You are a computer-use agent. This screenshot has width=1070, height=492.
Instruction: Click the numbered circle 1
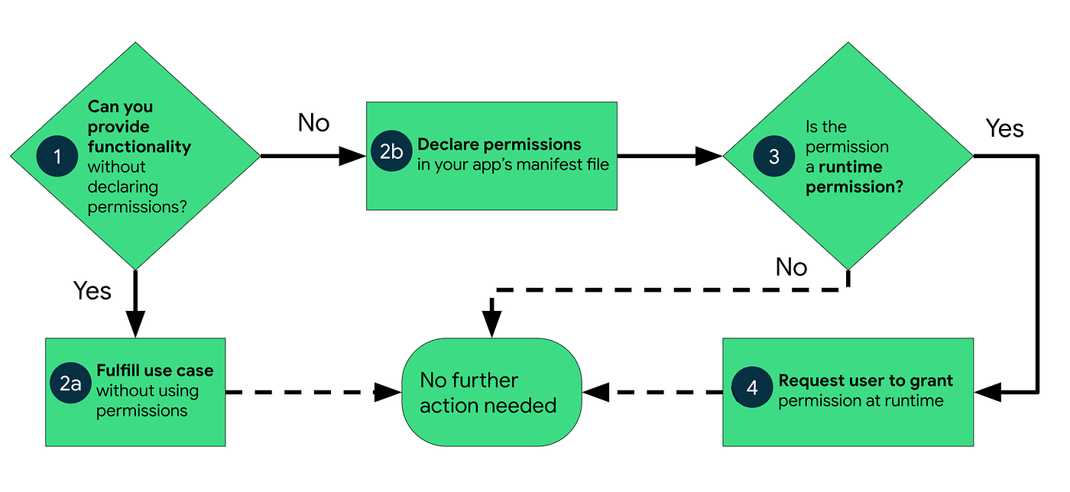(57, 156)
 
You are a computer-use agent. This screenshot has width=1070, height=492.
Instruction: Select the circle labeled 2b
(391, 151)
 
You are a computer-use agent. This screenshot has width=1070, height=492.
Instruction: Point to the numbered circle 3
(773, 156)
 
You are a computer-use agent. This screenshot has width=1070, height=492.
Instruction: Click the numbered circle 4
(752, 387)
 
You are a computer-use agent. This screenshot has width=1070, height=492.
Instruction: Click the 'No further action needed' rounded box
(491, 392)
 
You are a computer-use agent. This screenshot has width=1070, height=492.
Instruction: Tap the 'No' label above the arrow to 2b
(313, 122)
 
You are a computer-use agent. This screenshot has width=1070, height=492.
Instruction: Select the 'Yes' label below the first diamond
(92, 291)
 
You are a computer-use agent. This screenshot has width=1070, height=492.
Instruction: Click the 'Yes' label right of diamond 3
(1004, 128)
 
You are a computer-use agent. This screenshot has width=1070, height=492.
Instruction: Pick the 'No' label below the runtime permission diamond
(791, 267)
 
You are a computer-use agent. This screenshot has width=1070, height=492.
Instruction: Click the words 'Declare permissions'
(499, 144)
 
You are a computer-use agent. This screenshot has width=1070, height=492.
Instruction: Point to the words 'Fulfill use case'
(154, 371)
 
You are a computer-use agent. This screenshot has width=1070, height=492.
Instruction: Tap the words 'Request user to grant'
(865, 380)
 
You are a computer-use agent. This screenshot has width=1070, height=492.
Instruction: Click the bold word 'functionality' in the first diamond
(139, 147)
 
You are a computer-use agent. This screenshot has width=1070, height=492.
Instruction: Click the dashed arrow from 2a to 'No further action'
(306, 393)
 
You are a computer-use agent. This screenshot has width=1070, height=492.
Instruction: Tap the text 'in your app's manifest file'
(513, 164)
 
